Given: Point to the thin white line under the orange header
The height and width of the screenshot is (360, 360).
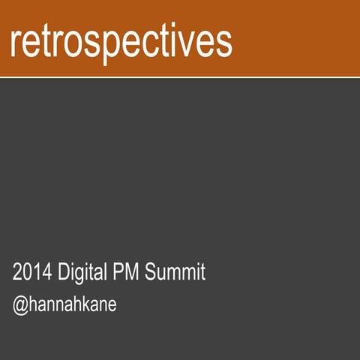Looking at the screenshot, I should [180, 76].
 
